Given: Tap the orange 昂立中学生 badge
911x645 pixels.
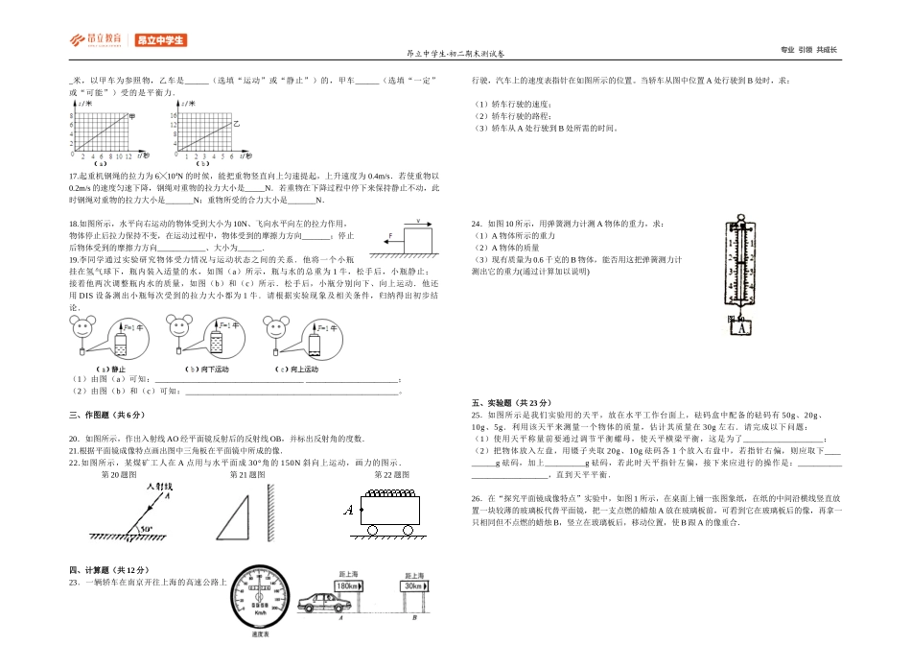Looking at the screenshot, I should click(159, 40).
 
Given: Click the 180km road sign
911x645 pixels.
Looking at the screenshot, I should click(346, 585).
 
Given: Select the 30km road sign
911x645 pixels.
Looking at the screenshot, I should click(413, 585).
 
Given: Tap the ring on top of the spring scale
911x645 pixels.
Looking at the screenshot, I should click(740, 217).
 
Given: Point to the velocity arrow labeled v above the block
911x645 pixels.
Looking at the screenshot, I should click(419, 222).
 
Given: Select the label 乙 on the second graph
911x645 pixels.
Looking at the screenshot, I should click(235, 123).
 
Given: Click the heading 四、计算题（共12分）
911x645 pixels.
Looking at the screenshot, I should click(109, 570).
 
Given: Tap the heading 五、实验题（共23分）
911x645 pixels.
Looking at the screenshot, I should click(512, 402).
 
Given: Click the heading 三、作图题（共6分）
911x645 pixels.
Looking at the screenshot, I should click(106, 415).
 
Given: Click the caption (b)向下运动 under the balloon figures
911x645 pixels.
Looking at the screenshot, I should click(206, 370).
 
